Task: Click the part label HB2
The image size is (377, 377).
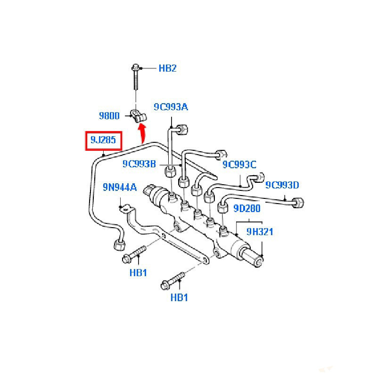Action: coord(167,68)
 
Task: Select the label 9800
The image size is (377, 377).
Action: coord(109,115)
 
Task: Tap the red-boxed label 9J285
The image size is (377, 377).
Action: coord(103,140)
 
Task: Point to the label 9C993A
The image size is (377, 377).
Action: coord(171,107)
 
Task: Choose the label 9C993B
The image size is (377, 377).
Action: coord(139,164)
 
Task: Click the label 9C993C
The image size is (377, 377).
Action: coord(239,164)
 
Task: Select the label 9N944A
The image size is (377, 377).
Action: coord(120,188)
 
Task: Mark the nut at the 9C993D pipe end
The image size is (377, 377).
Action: coord(298,203)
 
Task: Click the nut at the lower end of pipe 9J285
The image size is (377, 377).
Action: coord(118,245)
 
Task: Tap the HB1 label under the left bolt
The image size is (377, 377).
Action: coord(139,272)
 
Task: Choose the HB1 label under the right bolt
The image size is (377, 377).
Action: coord(179,297)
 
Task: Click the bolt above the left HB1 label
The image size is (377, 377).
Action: coord(133,254)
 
